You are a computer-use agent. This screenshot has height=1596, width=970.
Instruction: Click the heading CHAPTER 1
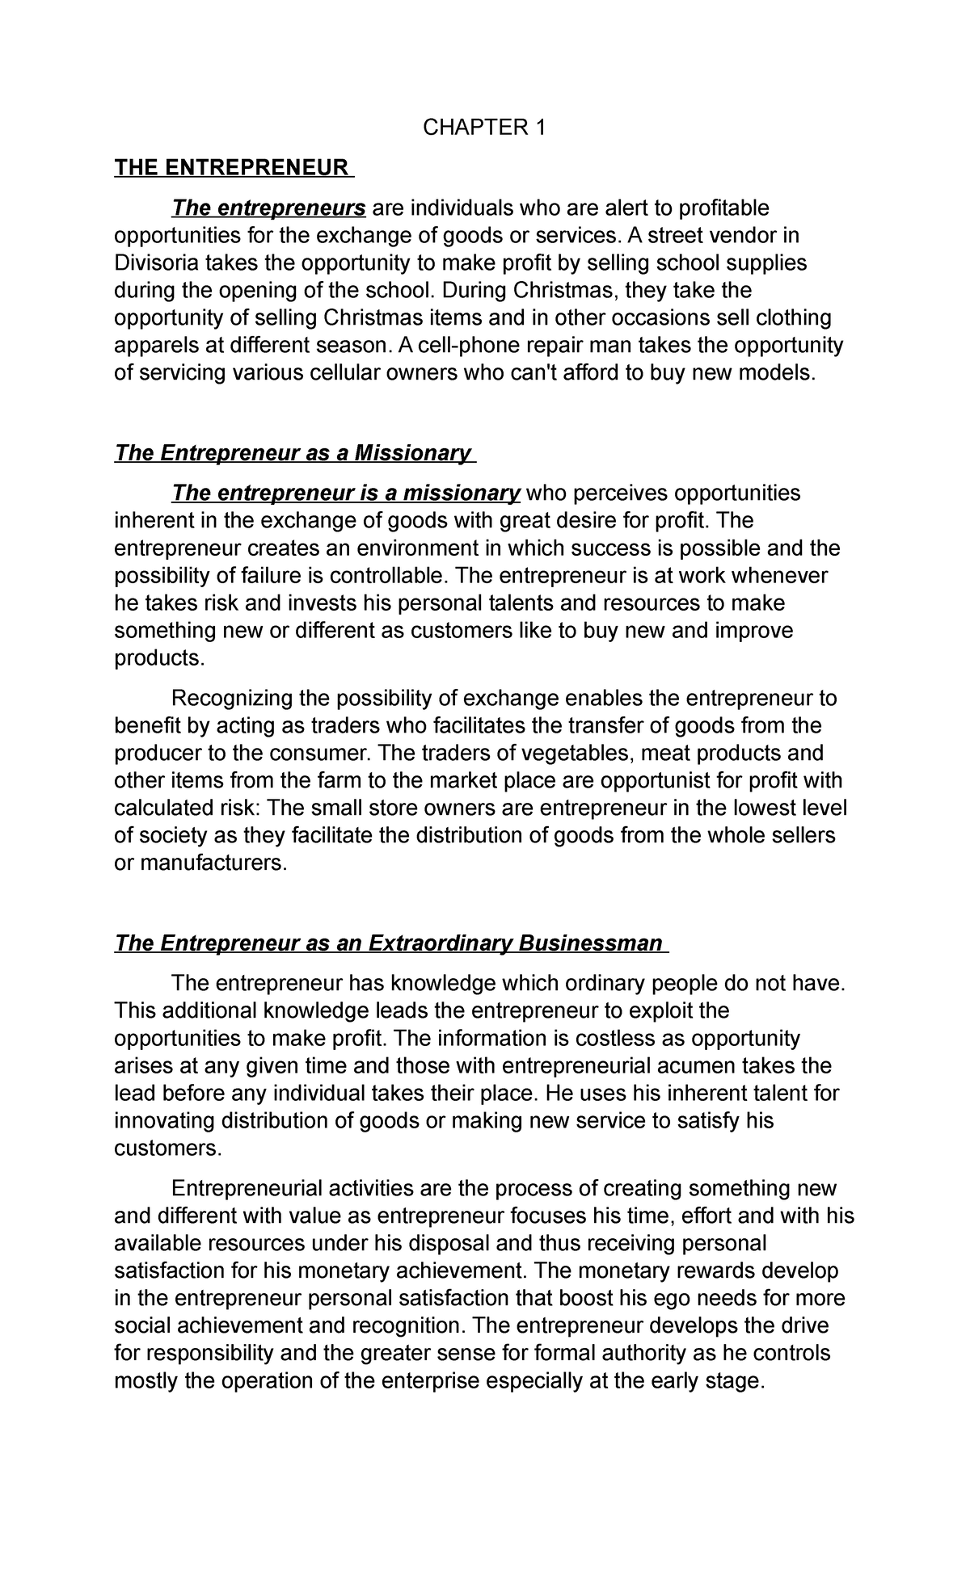click(x=485, y=128)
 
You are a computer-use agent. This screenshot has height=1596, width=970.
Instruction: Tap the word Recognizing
click(x=232, y=698)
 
